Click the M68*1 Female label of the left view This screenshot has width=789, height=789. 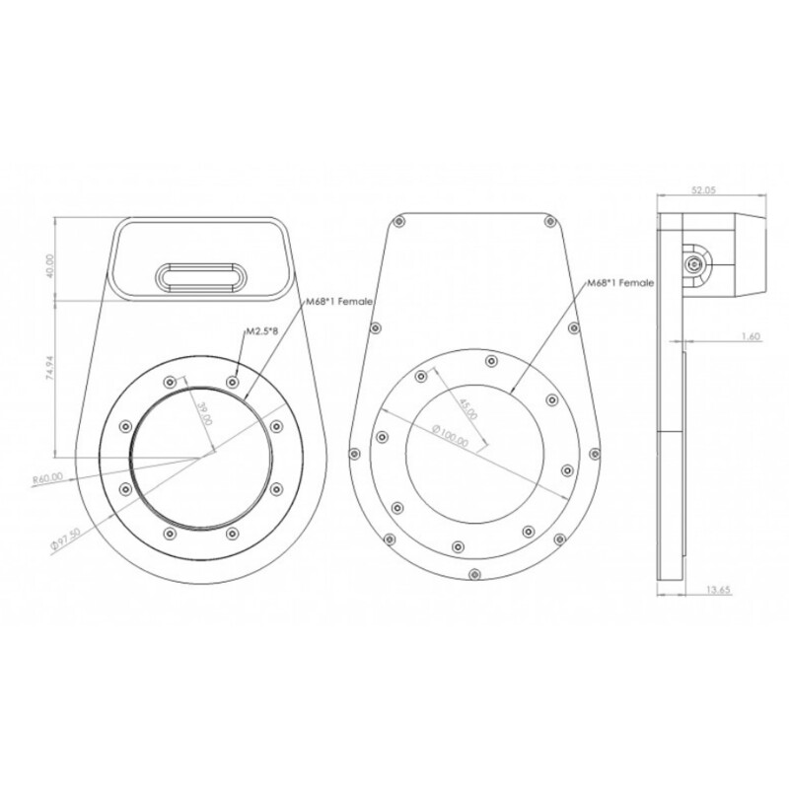pyautogui.click(x=334, y=300)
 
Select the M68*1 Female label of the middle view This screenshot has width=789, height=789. pyautogui.click(x=620, y=283)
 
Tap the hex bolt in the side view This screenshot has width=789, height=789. pyautogui.click(x=696, y=263)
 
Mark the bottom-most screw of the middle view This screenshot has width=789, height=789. pyautogui.click(x=473, y=574)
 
